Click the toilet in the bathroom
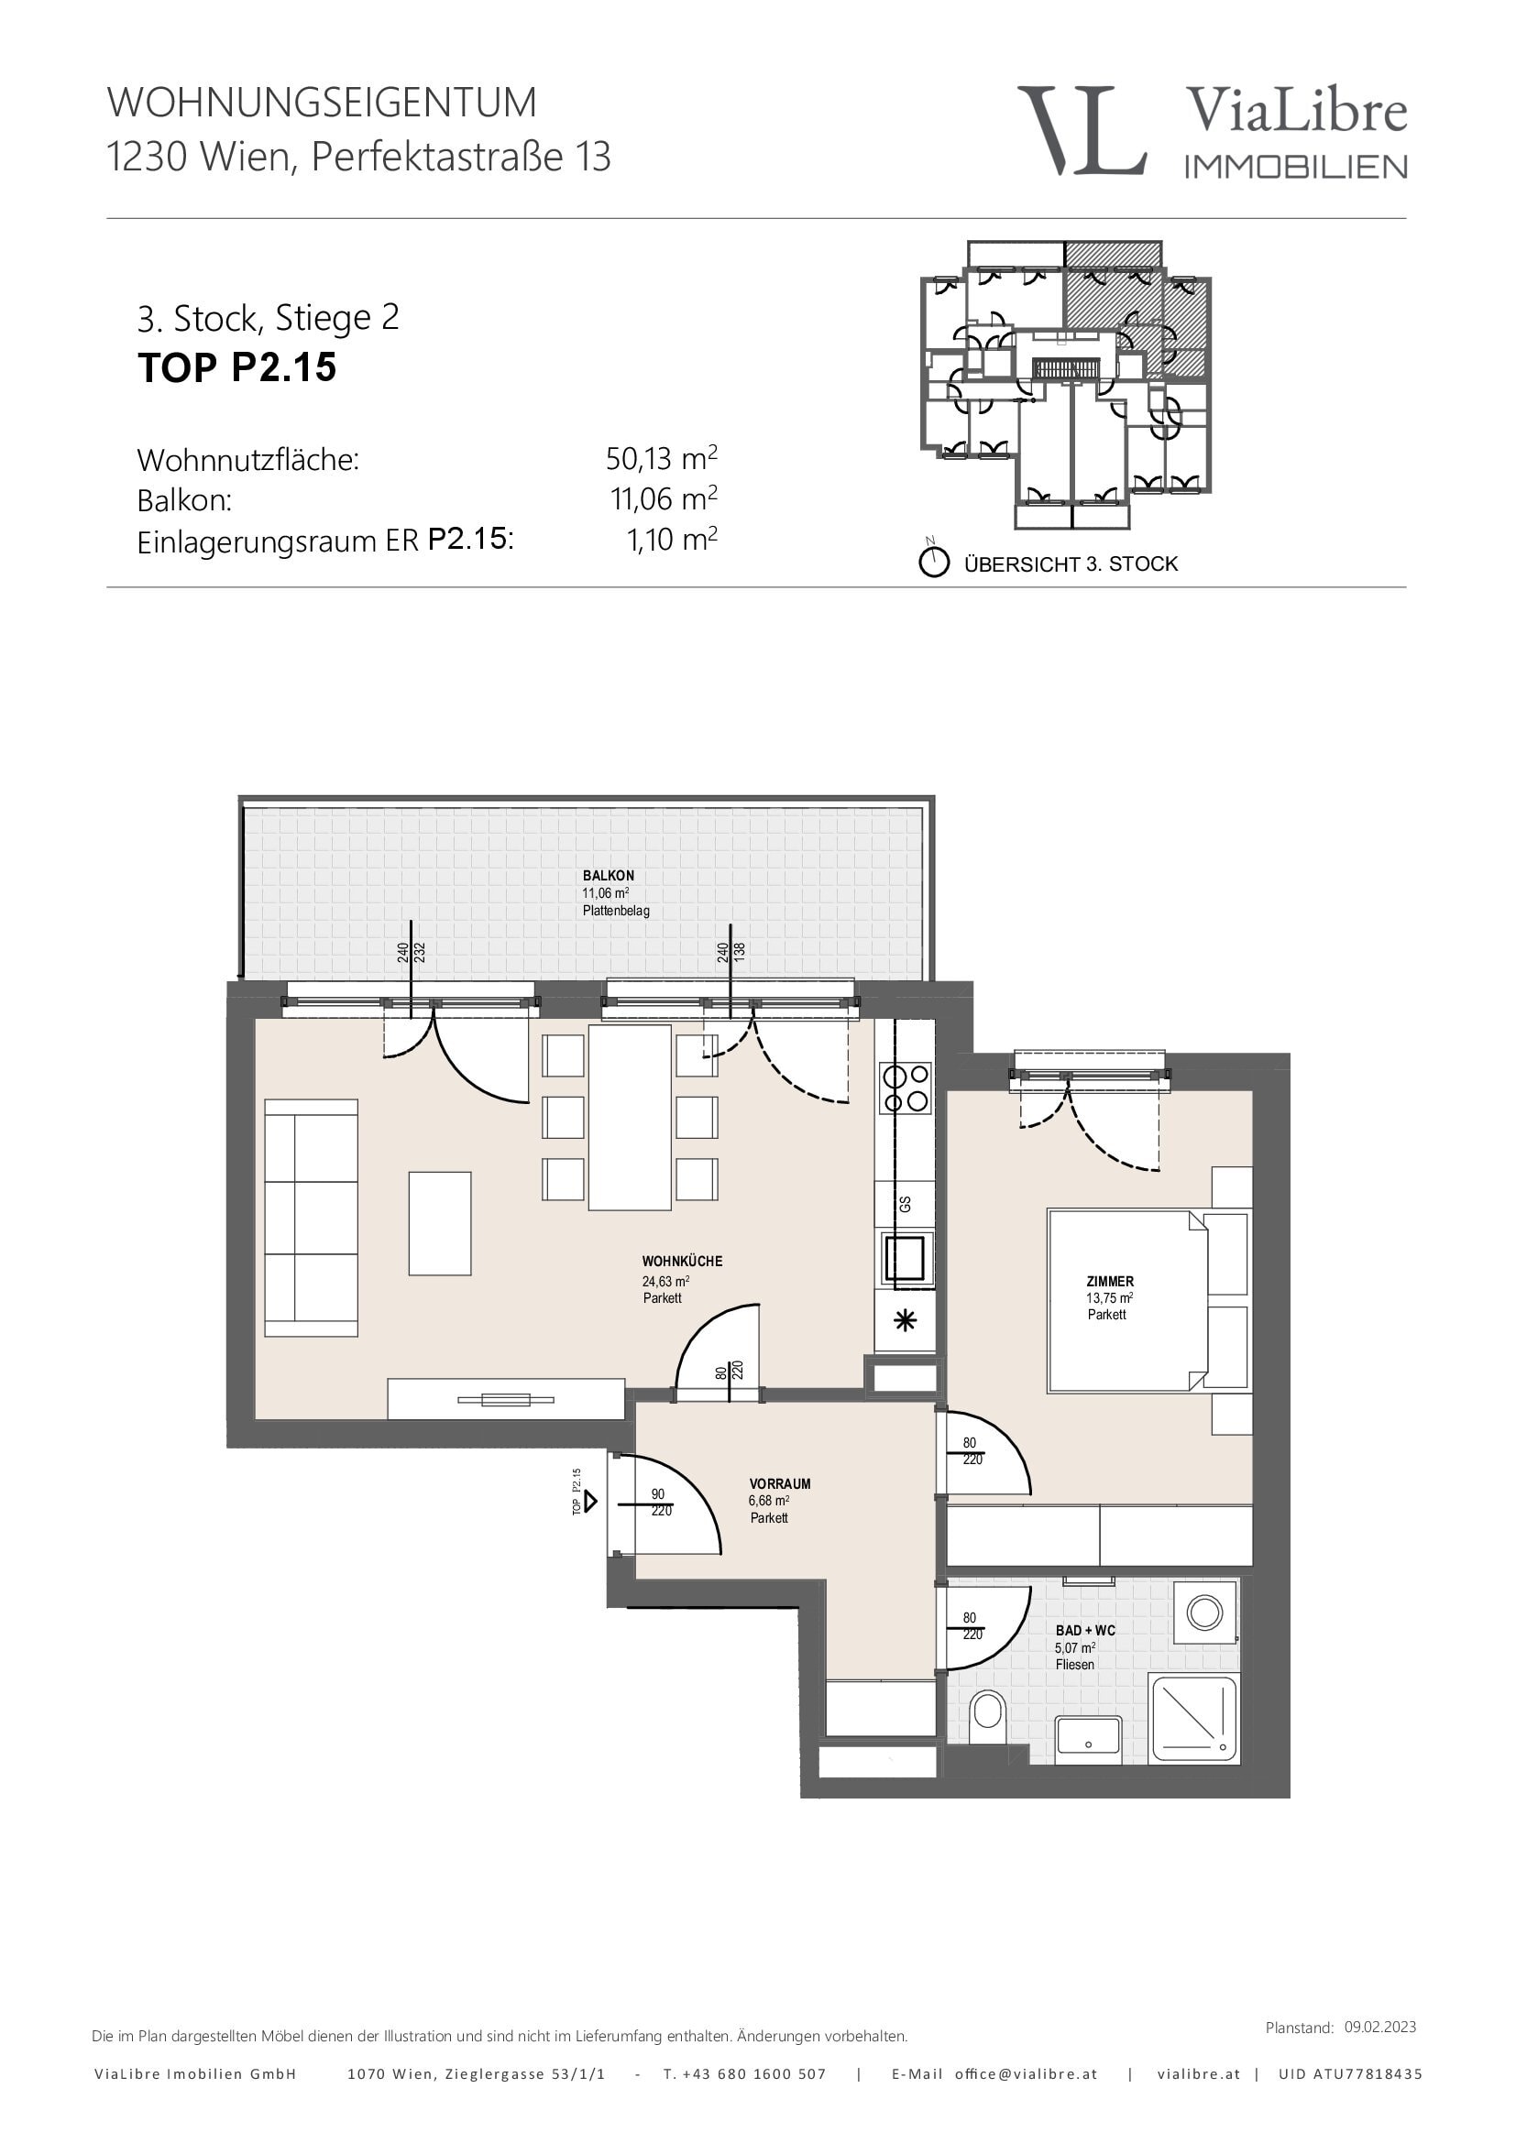click(x=988, y=1715)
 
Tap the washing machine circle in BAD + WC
click(x=1204, y=1612)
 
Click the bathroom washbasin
click(x=1089, y=1739)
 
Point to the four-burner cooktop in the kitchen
click(x=906, y=1089)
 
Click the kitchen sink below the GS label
click(x=905, y=1258)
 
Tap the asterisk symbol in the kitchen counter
click(x=905, y=1321)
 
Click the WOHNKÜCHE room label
click(x=683, y=1261)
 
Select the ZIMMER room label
click(x=1110, y=1282)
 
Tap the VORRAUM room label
click(x=780, y=1483)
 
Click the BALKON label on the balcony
click(x=609, y=876)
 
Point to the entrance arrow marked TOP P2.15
click(x=589, y=1502)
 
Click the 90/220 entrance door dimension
click(x=660, y=1502)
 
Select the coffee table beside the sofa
click(x=440, y=1224)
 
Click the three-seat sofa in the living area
click(x=311, y=1218)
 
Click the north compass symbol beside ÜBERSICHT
click(x=934, y=562)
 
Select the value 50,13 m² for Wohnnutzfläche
click(x=662, y=458)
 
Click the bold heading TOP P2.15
click(x=237, y=367)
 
